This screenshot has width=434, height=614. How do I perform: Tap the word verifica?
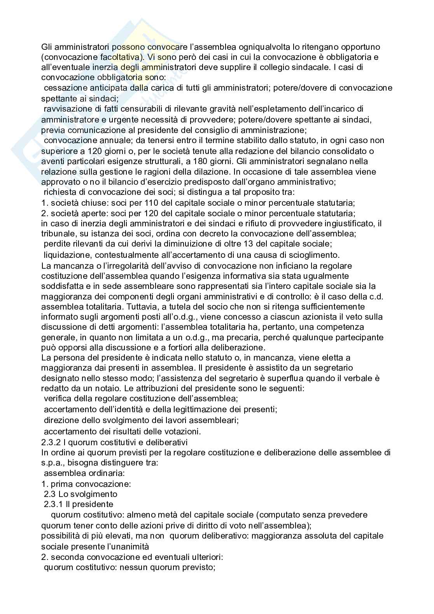click(x=57, y=399)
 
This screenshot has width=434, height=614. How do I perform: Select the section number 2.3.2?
click(x=51, y=442)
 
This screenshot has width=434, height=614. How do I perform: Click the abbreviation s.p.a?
click(x=52, y=463)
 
